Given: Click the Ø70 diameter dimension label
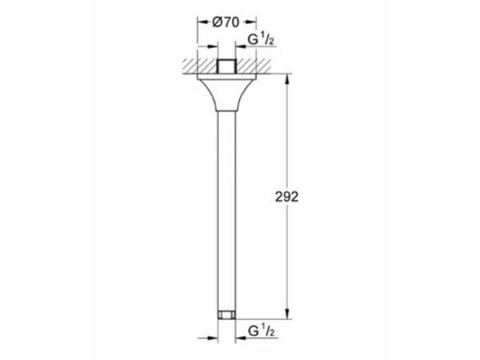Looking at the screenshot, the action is [x=226, y=22].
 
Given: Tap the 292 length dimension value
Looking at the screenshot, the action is [x=287, y=197].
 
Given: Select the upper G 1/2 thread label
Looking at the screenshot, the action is [x=261, y=40].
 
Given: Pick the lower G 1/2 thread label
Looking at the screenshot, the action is [x=261, y=331].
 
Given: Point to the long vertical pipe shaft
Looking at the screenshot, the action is [x=227, y=211].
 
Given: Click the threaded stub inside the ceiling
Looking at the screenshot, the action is [x=227, y=66].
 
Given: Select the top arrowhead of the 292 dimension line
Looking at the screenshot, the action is [x=287, y=80].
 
